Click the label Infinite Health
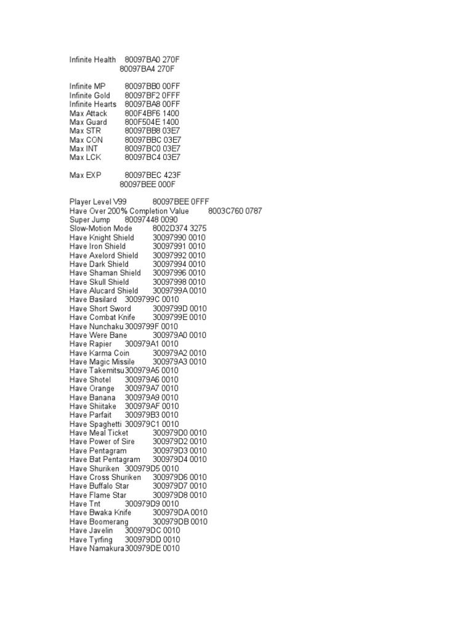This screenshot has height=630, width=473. tap(92, 60)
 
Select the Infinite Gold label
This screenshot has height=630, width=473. tap(90, 95)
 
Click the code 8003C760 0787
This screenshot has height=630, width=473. tap(235, 211)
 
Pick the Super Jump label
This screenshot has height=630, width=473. tap(90, 220)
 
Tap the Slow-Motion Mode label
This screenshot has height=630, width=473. tap(101, 229)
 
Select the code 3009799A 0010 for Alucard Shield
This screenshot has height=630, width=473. tap(180, 290)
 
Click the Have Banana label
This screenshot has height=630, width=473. tap(92, 397)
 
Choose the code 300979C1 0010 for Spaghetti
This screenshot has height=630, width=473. tap(152, 424)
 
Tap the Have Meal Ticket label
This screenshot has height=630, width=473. tap(99, 433)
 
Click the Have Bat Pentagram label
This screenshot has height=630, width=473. tap(105, 460)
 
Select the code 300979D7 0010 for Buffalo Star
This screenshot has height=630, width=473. tap(180, 486)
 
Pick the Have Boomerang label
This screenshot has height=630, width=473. tap(99, 522)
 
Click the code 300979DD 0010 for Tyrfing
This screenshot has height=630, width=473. tap(152, 540)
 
